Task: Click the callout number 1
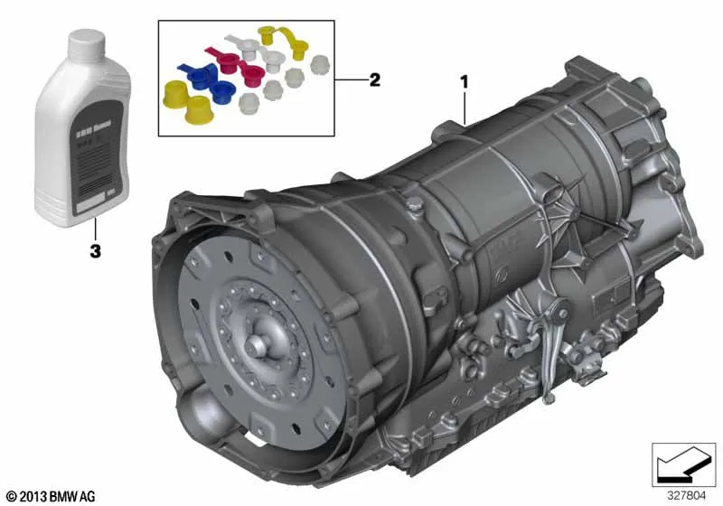(x=465, y=80)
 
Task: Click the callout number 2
(x=374, y=80)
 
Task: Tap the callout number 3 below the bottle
(x=94, y=250)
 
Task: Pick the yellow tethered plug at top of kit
(x=268, y=36)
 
